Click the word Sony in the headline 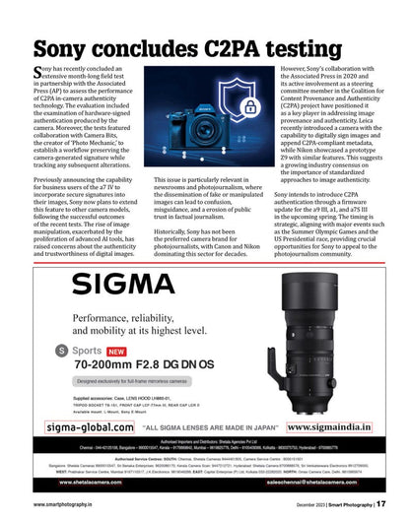[x=68, y=49]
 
